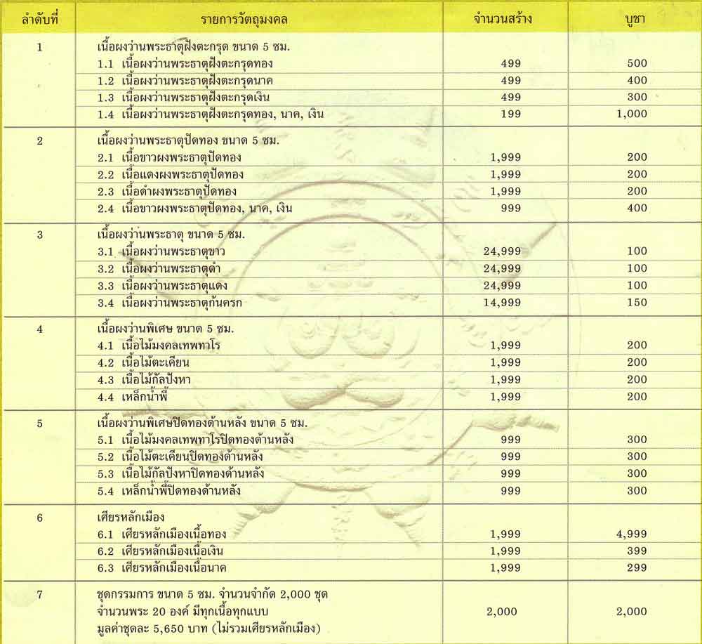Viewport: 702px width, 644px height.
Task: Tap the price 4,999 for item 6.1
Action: point(632,534)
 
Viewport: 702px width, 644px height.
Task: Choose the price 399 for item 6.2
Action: point(637,551)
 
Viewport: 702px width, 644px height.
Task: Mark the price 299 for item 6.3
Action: point(637,567)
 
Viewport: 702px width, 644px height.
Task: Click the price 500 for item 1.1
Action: point(637,63)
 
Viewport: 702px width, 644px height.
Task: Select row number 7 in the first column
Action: point(40,595)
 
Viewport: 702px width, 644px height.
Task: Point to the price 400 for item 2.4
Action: point(637,208)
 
